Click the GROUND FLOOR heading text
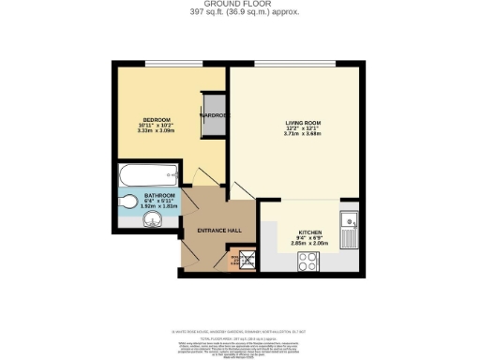point(240,4)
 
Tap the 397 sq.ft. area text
point(240,12)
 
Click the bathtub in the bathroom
point(148,173)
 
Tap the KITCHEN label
point(310,232)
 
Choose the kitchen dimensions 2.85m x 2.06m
point(310,244)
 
